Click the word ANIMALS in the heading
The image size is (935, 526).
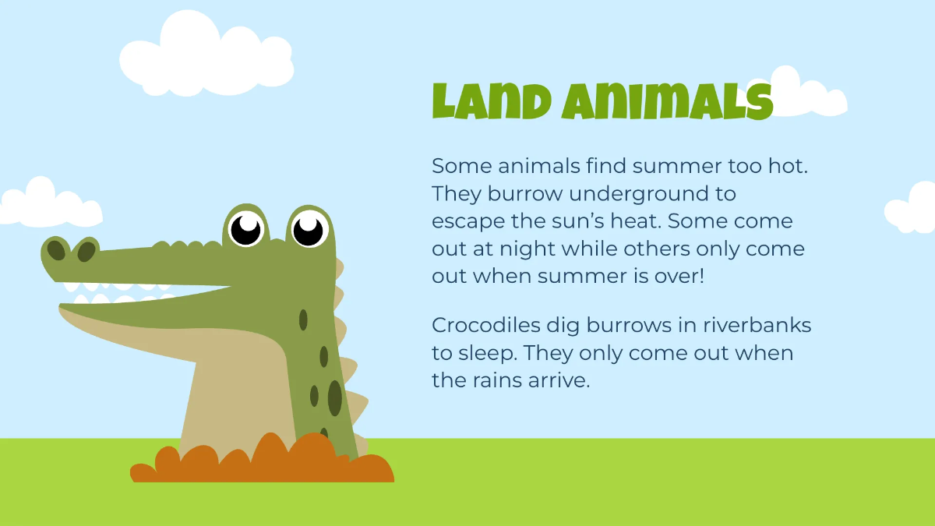666,102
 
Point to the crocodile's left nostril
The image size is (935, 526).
57,250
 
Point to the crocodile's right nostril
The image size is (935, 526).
86,251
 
